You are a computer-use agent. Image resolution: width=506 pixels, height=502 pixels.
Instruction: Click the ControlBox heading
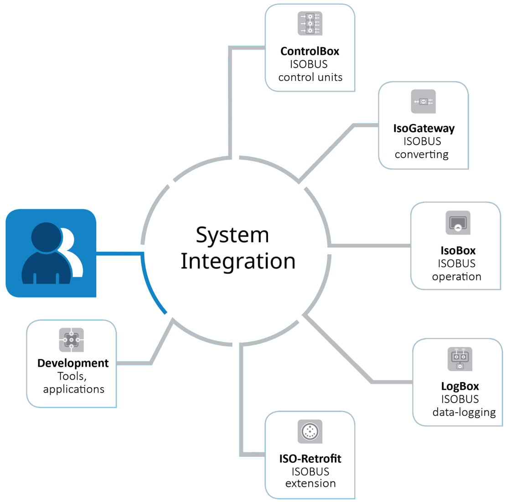[x=310, y=51]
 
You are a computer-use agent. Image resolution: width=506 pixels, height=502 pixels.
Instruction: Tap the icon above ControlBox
[x=310, y=24]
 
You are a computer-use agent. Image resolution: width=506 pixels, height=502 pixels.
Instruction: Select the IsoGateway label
[x=424, y=129]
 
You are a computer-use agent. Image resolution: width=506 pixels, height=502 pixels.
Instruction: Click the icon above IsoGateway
[x=423, y=101]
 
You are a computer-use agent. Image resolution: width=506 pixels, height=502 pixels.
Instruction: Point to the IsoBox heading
[x=458, y=250]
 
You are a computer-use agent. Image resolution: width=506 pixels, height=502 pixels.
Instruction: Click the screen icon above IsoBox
[x=458, y=223]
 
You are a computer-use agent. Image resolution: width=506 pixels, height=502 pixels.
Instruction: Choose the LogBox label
[x=460, y=386]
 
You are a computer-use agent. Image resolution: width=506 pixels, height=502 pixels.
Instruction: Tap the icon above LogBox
[x=460, y=359]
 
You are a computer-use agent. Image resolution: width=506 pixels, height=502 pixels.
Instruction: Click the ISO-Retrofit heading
[x=310, y=459]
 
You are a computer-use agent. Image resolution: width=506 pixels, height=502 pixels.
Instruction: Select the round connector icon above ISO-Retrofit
[x=310, y=431]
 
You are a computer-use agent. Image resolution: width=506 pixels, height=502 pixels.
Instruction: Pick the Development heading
[x=73, y=363]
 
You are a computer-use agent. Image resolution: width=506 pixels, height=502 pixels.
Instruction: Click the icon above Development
[x=72, y=340]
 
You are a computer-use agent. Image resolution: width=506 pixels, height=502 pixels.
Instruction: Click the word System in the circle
[x=232, y=235]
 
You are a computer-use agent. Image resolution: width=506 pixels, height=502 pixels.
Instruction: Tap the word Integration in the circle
[x=238, y=261]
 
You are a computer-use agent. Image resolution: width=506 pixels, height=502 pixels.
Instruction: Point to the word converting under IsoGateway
[x=422, y=155]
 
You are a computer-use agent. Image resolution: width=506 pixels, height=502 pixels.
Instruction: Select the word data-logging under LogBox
[x=464, y=412]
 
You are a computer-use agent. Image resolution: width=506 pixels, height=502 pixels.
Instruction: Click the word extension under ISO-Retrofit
[x=310, y=483]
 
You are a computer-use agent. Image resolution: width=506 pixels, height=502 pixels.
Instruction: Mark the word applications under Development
[x=73, y=389]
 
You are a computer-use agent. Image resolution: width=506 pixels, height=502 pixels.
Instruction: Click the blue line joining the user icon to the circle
[x=119, y=253]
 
